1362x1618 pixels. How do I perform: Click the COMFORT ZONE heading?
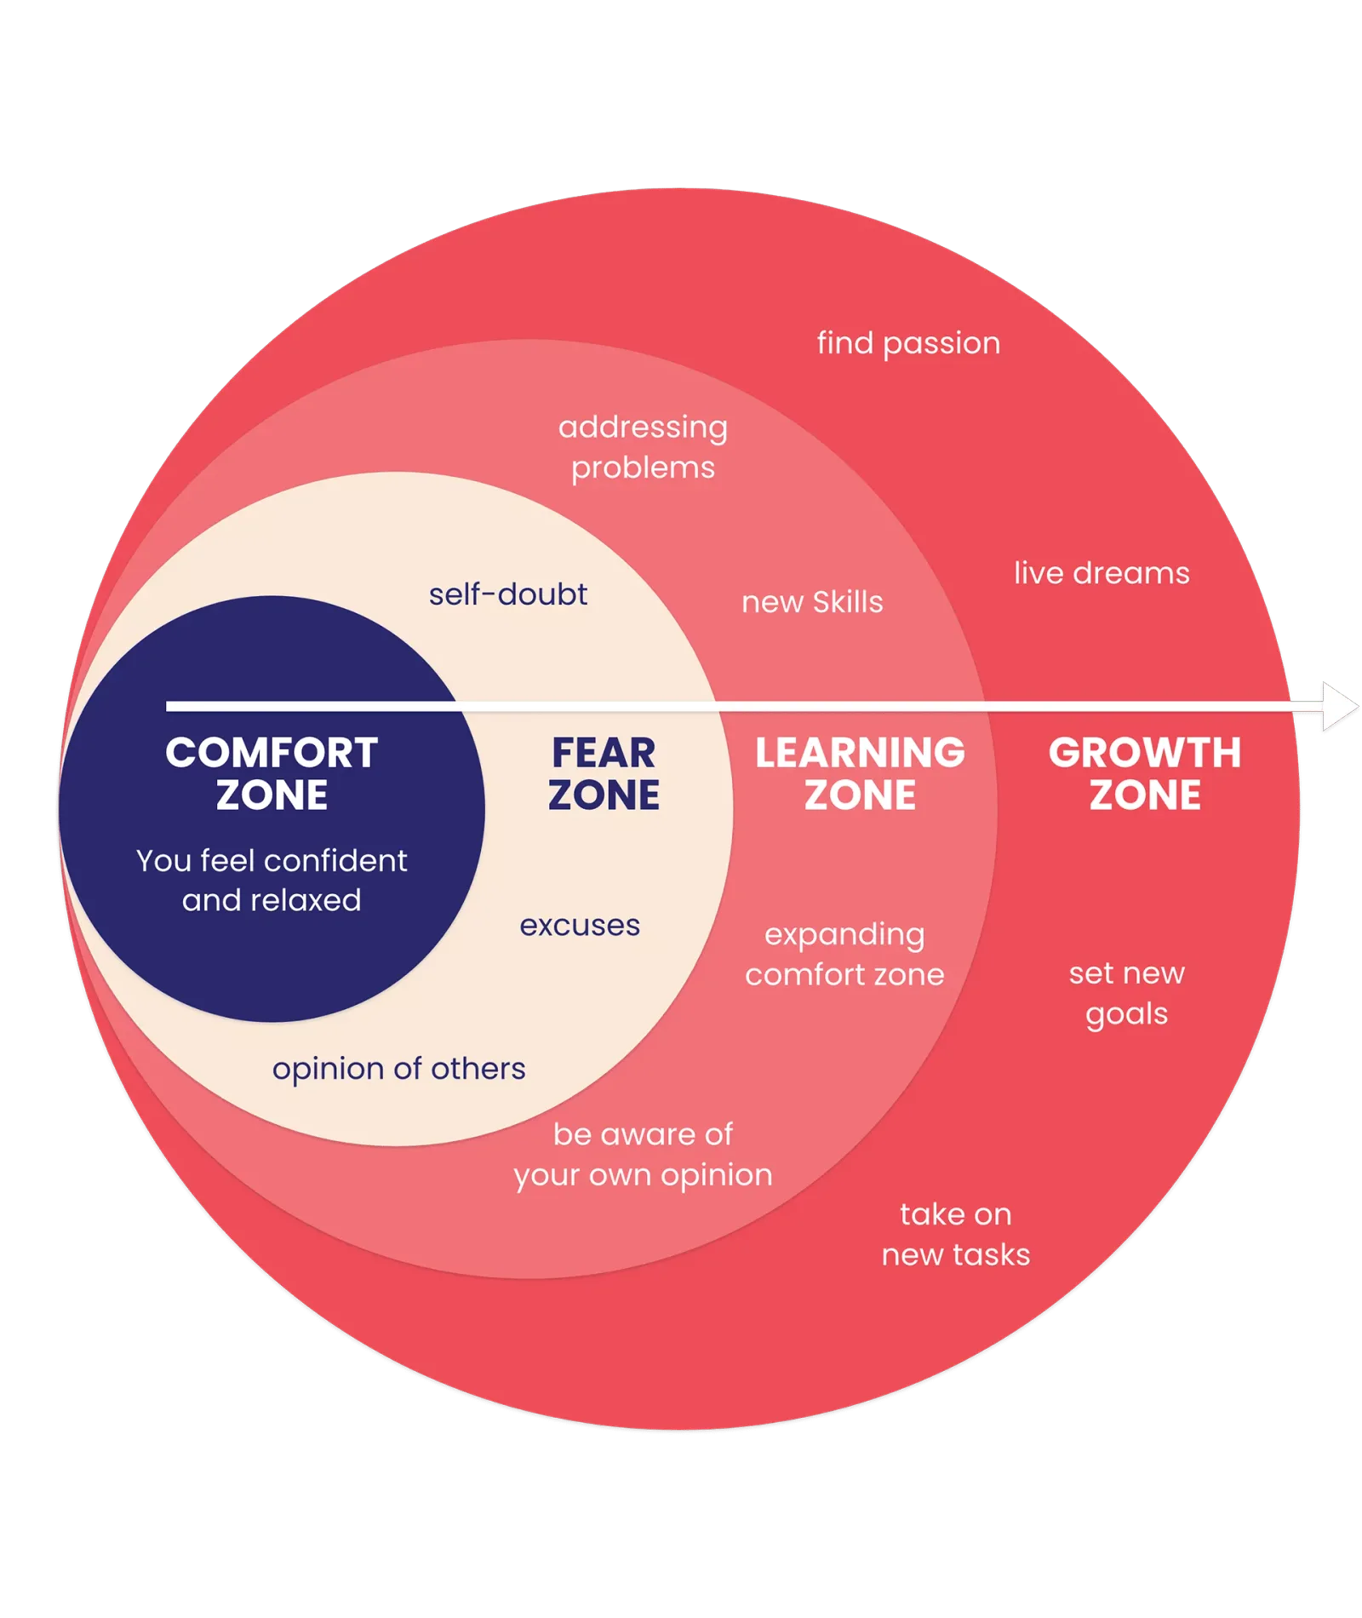pos(272,773)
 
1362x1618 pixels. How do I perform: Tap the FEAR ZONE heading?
pos(604,773)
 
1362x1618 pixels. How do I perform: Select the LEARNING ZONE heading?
pos(861,773)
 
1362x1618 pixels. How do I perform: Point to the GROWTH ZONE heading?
pos(1145,773)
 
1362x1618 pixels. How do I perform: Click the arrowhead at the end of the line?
pos(1340,706)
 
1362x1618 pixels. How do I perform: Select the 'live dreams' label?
pos(1102,573)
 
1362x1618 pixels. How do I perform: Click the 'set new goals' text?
pos(1127,994)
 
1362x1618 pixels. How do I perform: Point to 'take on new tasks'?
pos(956,1234)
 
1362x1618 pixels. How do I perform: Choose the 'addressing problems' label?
pos(644,447)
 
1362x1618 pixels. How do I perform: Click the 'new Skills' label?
pos(812,602)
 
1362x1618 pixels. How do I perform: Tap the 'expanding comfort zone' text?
pos(844,955)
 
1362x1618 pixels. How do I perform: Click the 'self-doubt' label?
pos(508,594)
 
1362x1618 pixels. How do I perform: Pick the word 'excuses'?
pos(580,926)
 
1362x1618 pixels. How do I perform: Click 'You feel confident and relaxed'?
pos(272,881)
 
